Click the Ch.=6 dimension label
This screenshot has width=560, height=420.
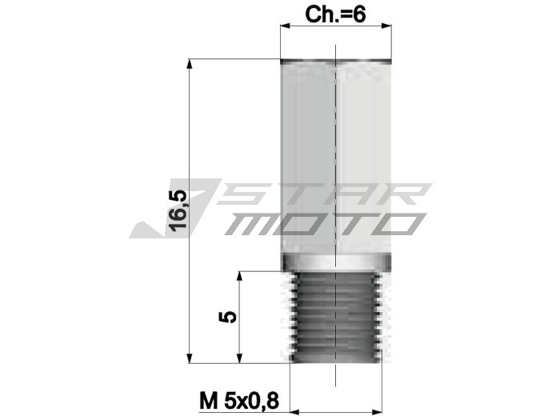coord(335,14)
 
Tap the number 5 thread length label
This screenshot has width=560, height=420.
coord(229,316)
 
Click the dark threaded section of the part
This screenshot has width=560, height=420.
coord(336,316)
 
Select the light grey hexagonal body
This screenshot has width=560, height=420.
coord(336,160)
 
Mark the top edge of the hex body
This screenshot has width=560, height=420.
coord(336,61)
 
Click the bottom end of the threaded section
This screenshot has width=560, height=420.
coord(336,361)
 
